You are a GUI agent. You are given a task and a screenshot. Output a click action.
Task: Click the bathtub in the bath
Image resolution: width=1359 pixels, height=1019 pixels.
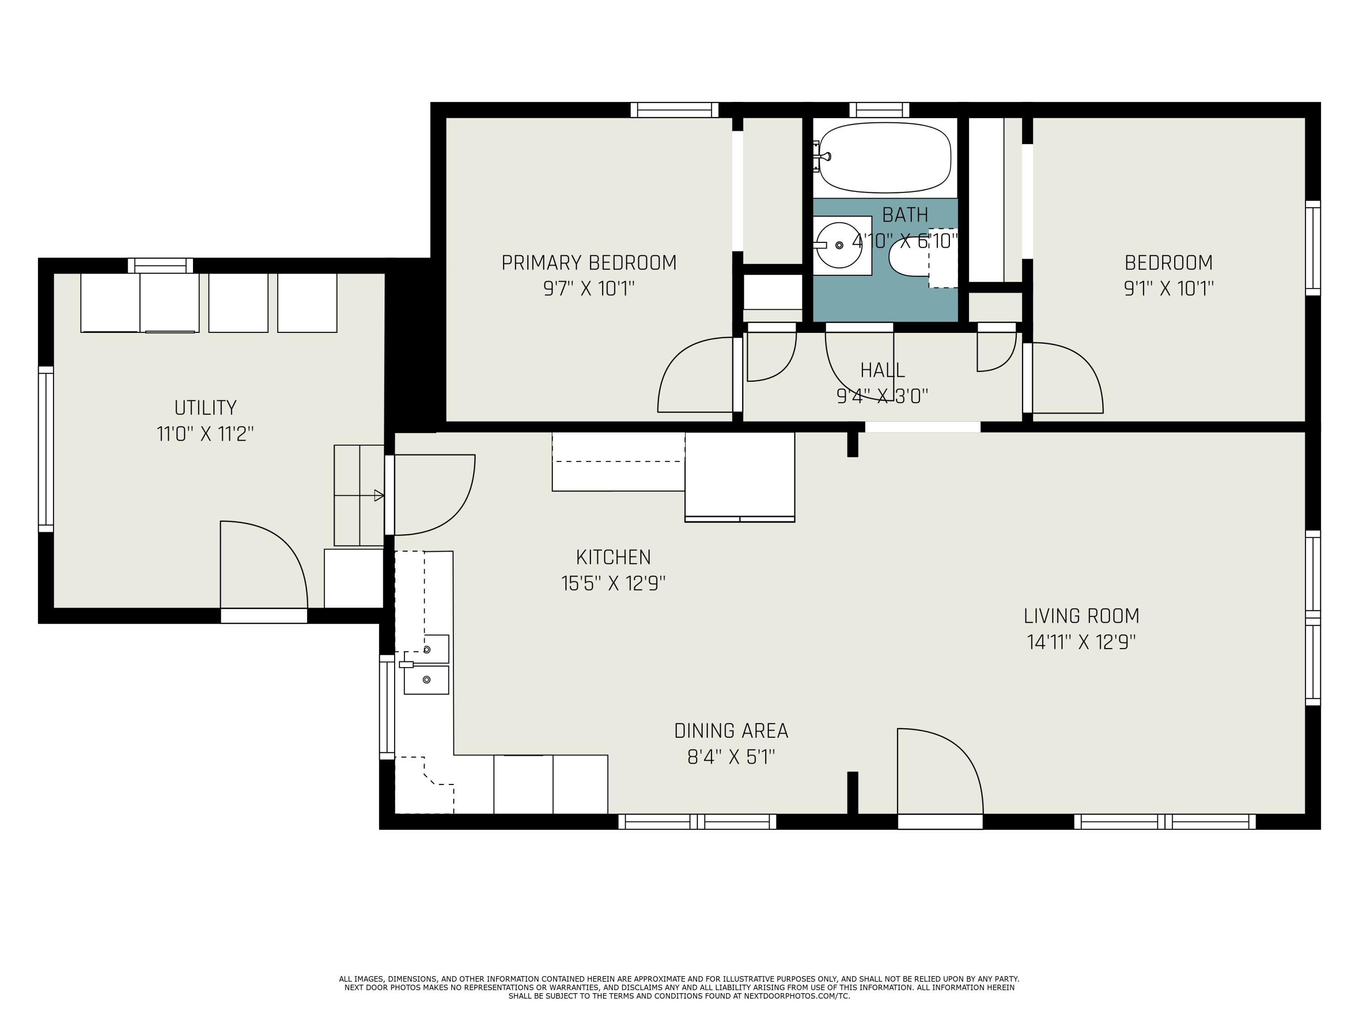(885, 157)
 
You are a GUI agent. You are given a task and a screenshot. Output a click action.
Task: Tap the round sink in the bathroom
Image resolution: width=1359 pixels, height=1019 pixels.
(839, 245)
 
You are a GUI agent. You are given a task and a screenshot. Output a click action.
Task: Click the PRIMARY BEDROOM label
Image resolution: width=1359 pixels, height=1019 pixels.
(588, 263)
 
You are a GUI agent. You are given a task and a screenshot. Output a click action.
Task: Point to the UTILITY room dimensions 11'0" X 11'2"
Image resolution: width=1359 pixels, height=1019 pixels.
(205, 434)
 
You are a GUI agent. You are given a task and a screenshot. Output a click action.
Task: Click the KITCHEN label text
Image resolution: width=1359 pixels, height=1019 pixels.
(613, 557)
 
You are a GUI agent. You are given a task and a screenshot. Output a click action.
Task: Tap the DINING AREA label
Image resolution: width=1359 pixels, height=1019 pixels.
(731, 731)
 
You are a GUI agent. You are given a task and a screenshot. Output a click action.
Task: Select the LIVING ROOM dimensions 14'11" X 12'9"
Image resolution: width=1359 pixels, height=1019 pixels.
(1081, 642)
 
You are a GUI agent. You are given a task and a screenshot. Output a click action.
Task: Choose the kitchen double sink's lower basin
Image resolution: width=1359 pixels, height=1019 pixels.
(426, 680)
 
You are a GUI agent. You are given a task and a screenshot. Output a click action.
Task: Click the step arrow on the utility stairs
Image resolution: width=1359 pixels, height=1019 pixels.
(378, 495)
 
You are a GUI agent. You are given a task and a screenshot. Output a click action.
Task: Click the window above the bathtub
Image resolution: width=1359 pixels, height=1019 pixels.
(879, 111)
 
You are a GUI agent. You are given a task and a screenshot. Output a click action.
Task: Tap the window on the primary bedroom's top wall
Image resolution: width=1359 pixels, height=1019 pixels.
(674, 111)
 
